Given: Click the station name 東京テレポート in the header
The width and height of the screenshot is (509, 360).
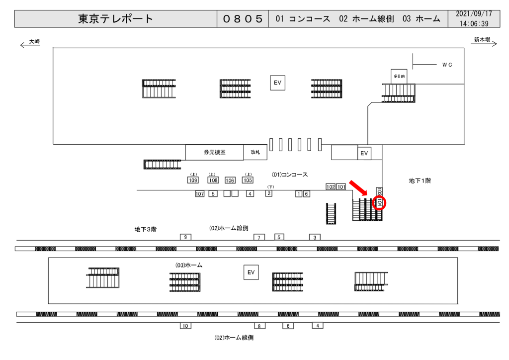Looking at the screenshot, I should [116, 19].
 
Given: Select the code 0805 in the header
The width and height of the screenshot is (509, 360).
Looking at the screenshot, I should [243, 19].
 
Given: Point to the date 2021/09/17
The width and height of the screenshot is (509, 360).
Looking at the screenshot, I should [474, 14].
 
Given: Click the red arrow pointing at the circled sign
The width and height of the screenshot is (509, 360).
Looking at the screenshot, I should [358, 188].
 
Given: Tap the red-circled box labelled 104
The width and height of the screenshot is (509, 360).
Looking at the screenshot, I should [379, 202].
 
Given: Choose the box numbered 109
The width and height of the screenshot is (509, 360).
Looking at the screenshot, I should [193, 180].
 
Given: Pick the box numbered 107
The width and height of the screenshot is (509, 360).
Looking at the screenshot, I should [200, 194].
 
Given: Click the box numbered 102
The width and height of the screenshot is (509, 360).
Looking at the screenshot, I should [331, 187].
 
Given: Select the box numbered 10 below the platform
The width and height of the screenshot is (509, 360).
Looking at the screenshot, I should [185, 326].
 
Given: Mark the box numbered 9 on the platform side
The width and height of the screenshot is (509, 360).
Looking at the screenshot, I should [185, 237].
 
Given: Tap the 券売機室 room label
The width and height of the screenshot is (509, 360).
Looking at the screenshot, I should [214, 153].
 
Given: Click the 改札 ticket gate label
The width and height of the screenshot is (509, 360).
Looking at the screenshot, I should [255, 153].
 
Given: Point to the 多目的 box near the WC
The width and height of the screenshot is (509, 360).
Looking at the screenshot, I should [399, 77].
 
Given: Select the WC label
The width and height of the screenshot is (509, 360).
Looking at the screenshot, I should [447, 65].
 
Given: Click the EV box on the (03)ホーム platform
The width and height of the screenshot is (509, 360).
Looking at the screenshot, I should [251, 272].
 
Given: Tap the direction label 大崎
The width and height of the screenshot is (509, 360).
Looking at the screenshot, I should [34, 42].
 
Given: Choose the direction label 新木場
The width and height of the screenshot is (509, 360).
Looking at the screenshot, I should [482, 40].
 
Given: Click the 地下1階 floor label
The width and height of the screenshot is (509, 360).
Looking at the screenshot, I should [420, 181].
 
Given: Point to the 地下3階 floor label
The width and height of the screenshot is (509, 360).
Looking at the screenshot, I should [146, 229].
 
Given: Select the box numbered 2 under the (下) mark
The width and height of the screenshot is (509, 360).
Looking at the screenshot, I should [268, 193].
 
